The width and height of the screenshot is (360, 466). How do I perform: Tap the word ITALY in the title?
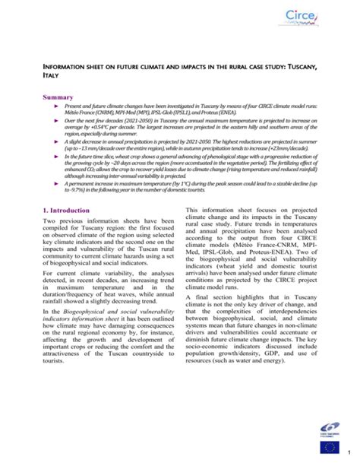(49, 77)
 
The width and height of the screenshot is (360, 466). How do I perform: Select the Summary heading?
(58, 97)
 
